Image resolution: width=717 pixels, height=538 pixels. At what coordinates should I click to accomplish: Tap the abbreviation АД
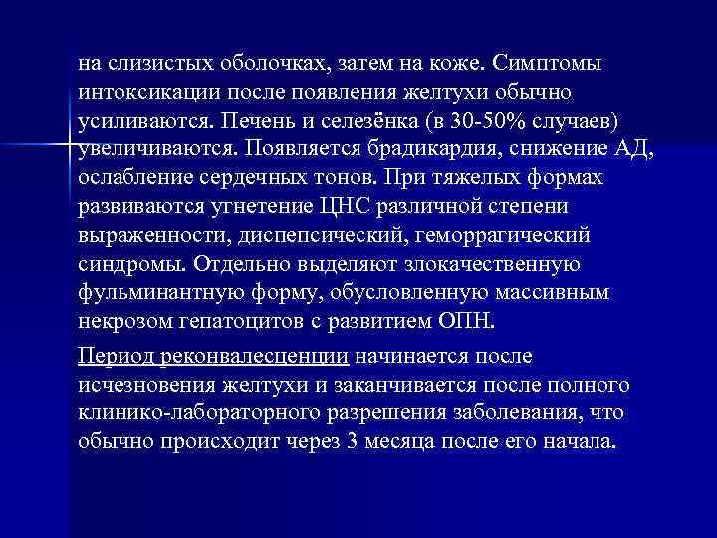pos(636,149)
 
